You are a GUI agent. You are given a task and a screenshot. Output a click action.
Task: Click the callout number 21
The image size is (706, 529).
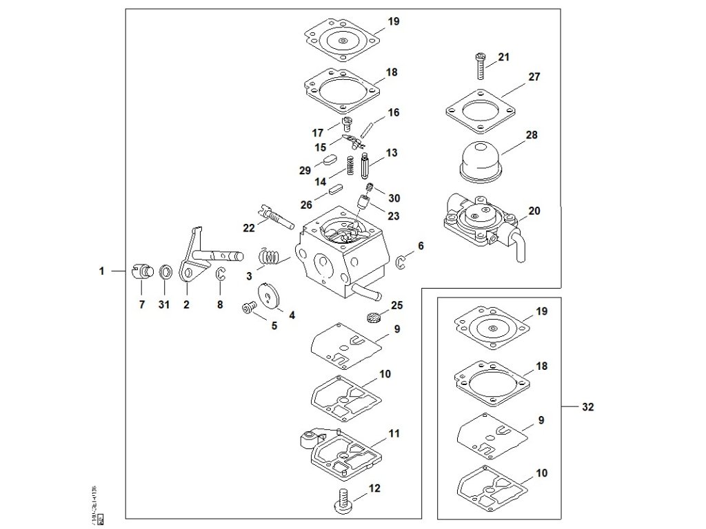503,57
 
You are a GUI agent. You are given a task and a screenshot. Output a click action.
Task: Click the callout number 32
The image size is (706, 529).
587,407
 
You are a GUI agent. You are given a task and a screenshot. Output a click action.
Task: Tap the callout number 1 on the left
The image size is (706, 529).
101,271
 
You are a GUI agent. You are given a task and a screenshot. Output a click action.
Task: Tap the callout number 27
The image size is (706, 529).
534,77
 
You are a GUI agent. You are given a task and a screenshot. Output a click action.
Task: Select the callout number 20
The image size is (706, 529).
534,210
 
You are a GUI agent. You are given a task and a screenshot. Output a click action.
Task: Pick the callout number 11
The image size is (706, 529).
394,434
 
